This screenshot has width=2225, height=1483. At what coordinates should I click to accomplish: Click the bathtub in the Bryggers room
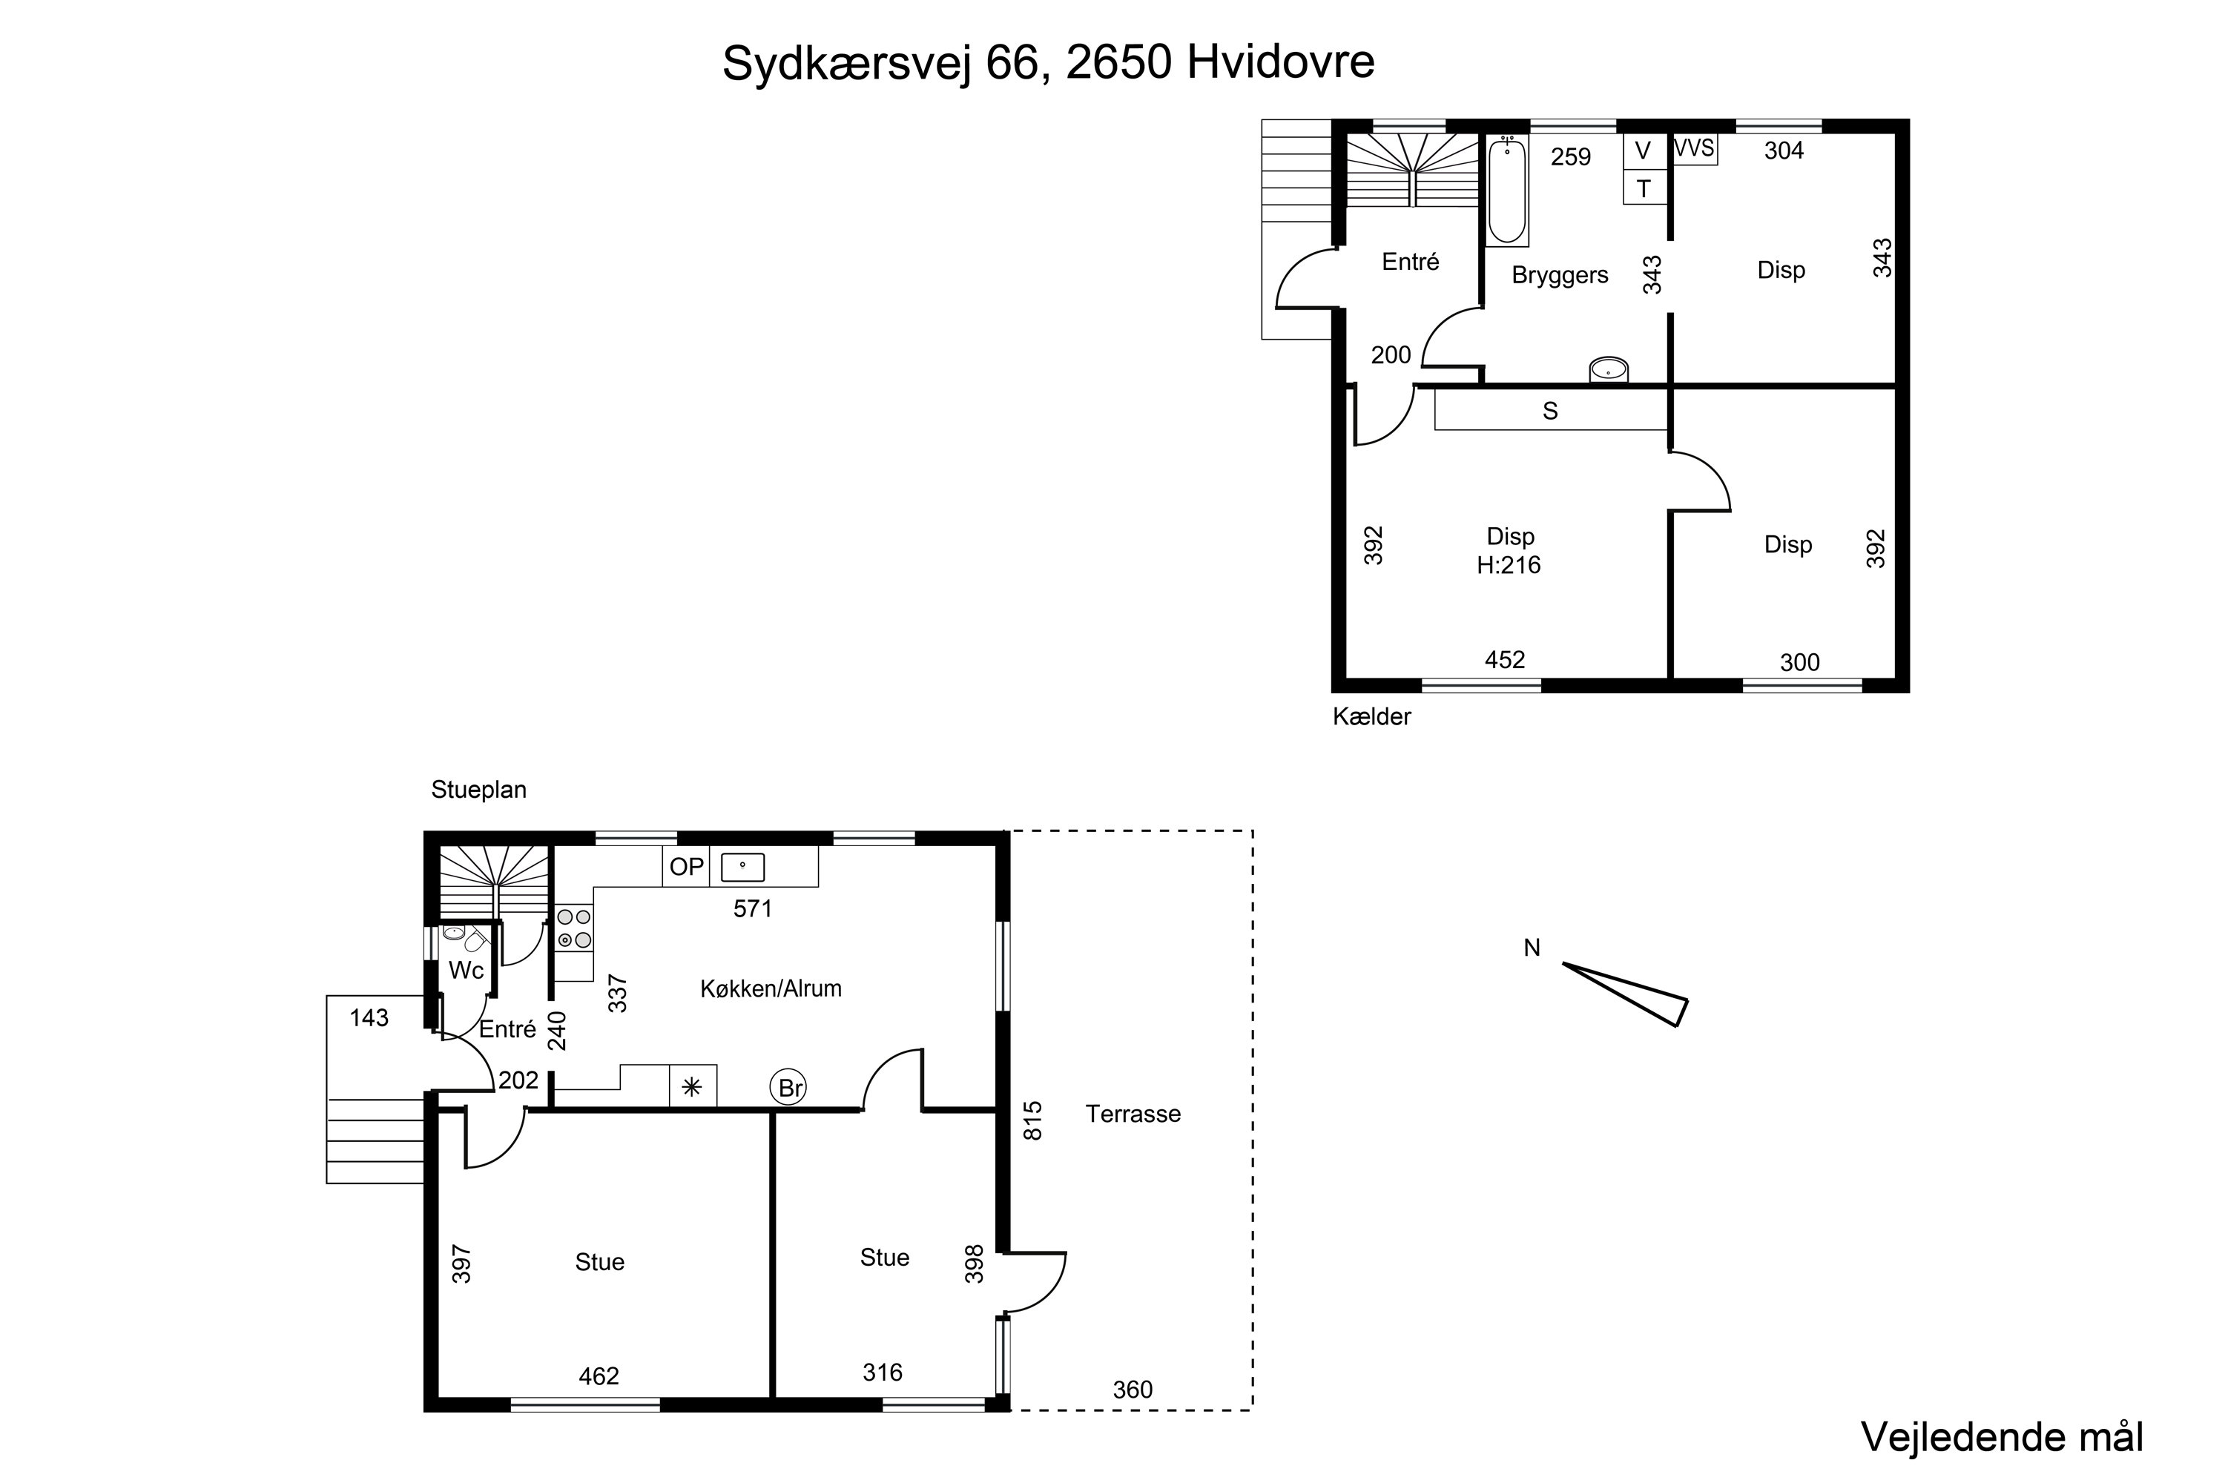coord(1507,190)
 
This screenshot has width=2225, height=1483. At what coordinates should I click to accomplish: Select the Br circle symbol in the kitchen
coord(790,1088)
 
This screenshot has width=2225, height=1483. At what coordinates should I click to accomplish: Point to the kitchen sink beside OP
coord(742,866)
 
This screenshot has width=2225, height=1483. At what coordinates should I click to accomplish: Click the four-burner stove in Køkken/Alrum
coord(574,928)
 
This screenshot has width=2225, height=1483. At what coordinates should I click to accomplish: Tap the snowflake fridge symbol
coord(693,1087)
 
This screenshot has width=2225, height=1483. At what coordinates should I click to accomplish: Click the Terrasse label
coord(1133,1114)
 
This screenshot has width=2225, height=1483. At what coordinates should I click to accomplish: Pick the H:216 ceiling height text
coord(1509,566)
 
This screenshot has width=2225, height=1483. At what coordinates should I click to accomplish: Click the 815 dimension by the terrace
coord(1032,1120)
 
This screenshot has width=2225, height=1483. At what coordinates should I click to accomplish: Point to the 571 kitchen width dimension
coord(753,909)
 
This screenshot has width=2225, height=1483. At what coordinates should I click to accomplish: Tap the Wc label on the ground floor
coord(466,971)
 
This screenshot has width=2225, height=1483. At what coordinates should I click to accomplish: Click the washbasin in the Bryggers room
coord(1608,370)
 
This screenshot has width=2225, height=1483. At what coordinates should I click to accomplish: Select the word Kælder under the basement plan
coord(1371,717)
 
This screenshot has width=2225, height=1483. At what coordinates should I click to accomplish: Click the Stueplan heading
coord(478,790)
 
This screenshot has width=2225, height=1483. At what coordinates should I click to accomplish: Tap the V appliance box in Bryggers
coord(1644,151)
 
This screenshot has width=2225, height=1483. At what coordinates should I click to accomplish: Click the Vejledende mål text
coord(2002,1437)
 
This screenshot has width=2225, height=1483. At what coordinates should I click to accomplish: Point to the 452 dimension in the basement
coord(1504,660)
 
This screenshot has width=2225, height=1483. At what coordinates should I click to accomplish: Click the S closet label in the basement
coord(1549,412)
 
